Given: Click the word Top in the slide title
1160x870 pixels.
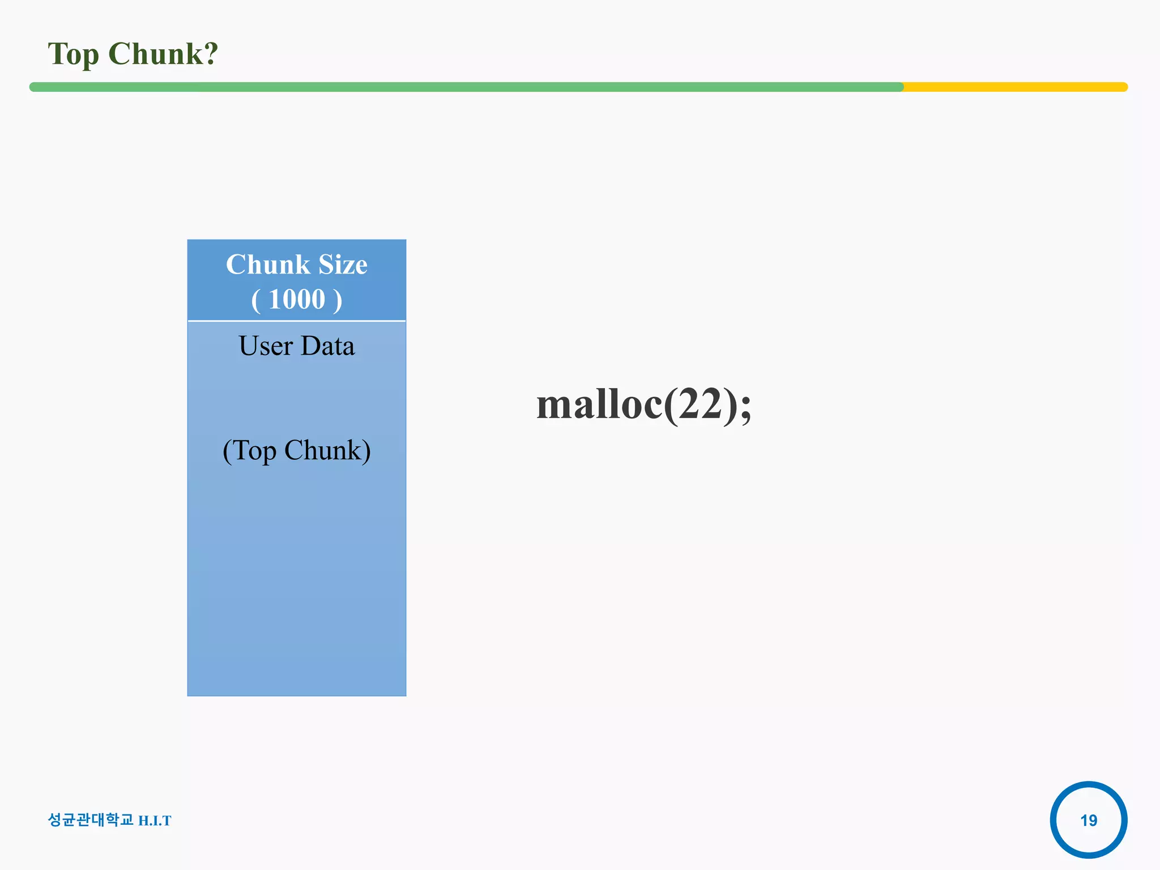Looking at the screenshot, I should click(73, 55).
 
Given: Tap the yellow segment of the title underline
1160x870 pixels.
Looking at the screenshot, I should click(1014, 87).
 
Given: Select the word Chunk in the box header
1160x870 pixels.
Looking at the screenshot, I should click(268, 265).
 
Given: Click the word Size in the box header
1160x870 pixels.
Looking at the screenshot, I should click(343, 265).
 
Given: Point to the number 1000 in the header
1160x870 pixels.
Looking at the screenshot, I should click(297, 299).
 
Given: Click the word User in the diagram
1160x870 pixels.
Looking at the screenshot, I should click(266, 346).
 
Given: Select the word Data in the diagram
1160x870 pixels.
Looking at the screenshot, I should click(328, 346).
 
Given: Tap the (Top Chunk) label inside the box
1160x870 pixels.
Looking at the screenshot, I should click(297, 451).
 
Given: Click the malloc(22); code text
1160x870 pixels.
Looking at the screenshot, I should click(643, 404).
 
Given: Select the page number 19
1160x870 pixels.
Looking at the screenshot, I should click(1088, 820).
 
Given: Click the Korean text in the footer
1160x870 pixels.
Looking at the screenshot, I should click(91, 820).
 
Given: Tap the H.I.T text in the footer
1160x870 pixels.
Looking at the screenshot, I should click(155, 821).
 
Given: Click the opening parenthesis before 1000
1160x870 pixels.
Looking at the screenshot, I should click(256, 300).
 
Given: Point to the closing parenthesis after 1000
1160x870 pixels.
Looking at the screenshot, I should click(338, 300).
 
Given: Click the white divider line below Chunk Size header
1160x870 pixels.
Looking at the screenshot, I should click(297, 321).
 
